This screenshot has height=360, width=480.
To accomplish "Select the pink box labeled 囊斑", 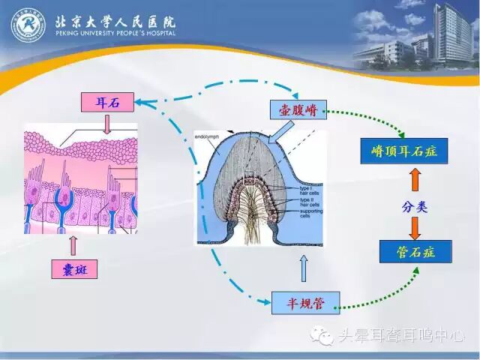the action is click(74, 269).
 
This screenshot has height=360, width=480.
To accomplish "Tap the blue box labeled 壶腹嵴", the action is click(298, 111).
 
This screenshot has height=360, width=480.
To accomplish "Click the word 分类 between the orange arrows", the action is click(415, 204).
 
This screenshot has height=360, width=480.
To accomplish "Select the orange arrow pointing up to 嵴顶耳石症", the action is click(415, 180).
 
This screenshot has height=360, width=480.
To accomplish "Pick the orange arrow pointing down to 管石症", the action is click(415, 226).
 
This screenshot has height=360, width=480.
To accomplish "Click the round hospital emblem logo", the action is click(28, 25).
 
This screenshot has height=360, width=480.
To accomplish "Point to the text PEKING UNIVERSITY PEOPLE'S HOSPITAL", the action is click(115, 34).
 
